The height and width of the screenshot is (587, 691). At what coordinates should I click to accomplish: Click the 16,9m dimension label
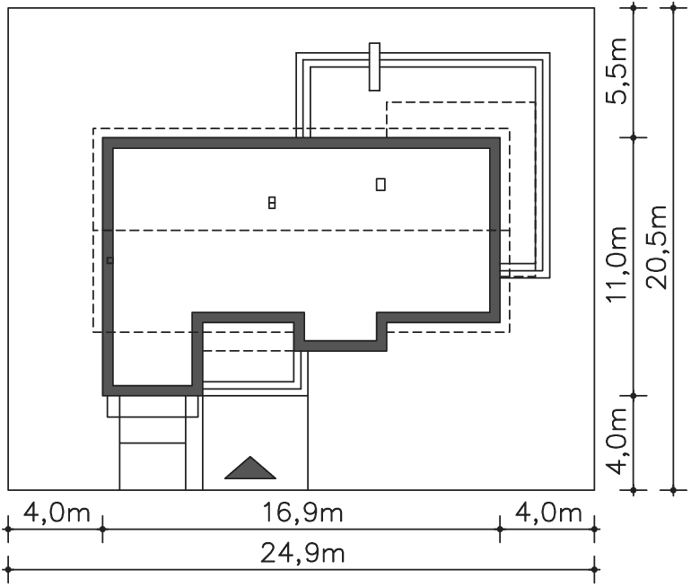tap(302, 513)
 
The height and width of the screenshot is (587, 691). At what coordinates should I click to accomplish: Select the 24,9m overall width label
tap(302, 553)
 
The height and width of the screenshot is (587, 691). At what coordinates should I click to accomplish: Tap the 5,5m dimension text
tap(616, 71)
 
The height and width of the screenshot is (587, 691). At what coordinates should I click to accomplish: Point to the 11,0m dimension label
tap(616, 264)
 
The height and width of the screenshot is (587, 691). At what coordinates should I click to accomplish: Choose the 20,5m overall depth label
tap(656, 247)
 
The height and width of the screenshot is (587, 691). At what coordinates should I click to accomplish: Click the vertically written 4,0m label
tap(616, 442)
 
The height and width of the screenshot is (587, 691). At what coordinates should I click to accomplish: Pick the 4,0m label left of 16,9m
tap(57, 513)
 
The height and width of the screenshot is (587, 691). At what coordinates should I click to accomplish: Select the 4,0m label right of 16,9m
tap(548, 513)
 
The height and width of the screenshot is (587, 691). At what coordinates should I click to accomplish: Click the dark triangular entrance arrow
tap(250, 468)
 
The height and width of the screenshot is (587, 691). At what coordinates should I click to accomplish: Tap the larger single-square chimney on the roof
tap(380, 184)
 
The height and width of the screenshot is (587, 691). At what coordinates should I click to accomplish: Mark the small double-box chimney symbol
tap(272, 203)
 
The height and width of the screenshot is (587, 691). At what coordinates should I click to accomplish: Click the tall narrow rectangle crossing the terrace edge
tap(374, 67)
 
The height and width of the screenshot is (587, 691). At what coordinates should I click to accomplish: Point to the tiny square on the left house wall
tap(109, 261)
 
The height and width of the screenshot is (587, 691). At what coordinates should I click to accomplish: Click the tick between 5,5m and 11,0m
tap(634, 137)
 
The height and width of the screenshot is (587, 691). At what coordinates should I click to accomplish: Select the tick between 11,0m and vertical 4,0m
tap(634, 396)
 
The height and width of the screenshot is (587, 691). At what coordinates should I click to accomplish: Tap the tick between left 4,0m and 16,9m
tap(102, 529)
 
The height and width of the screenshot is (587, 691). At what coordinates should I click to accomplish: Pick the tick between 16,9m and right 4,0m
tap(500, 529)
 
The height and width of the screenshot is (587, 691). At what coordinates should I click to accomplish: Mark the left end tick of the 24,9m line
tap(8, 569)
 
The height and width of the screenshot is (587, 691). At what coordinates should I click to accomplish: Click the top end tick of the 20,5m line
tap(673, 7)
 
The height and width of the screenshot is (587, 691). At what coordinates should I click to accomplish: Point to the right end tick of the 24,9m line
tap(594, 569)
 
